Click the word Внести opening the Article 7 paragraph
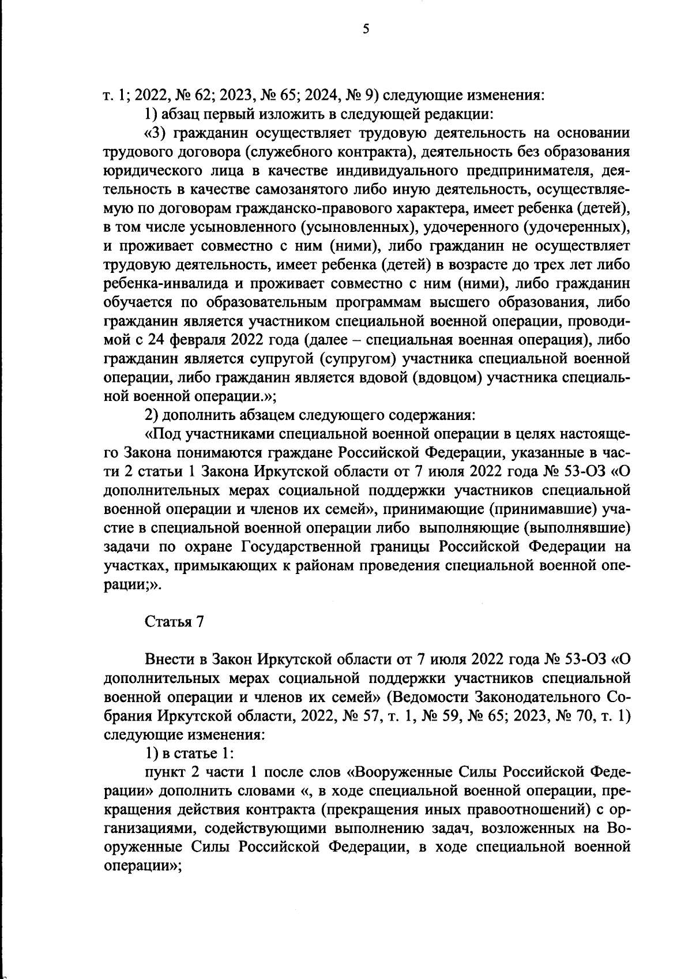[174, 659]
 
